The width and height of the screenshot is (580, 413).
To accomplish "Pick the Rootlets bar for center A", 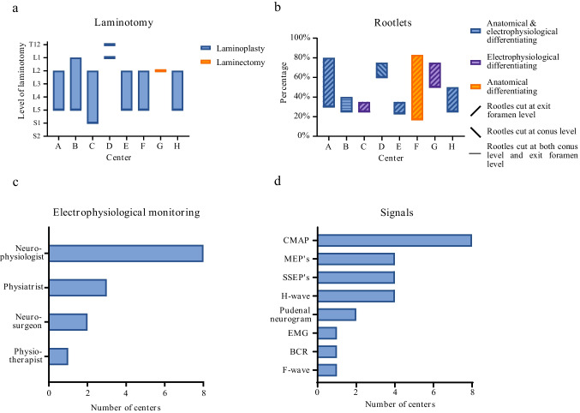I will (x=328, y=82).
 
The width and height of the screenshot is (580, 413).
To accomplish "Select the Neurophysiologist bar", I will (x=126, y=253).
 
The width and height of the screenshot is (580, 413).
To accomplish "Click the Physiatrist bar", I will (x=77, y=287).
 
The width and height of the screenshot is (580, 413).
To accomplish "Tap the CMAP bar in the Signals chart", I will (x=395, y=241).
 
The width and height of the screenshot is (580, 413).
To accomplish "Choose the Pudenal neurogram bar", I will (x=337, y=314).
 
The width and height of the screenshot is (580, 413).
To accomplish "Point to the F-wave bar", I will (x=327, y=369).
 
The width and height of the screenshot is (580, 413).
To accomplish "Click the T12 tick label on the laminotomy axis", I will (x=34, y=45).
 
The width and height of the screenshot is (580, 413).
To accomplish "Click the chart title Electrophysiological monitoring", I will (x=125, y=208).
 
